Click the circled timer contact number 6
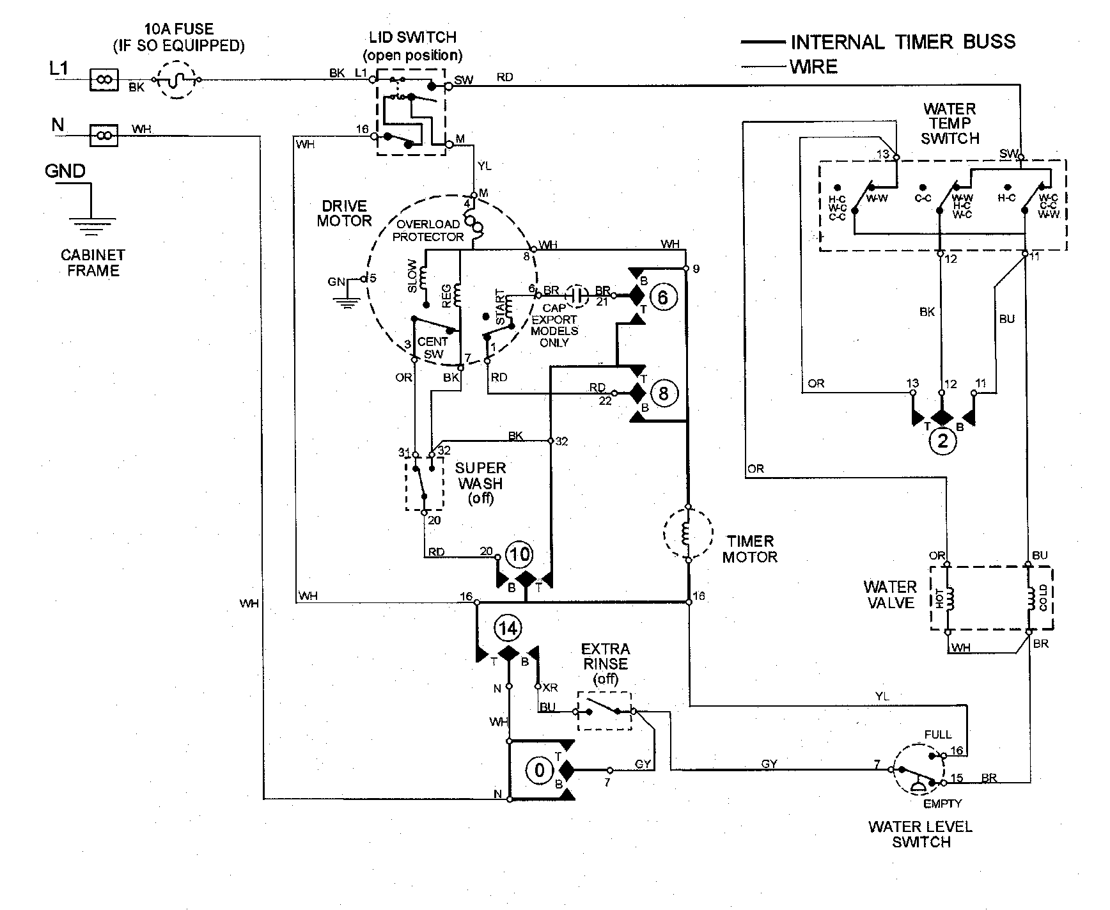tap(663, 297)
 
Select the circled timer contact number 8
tap(663, 393)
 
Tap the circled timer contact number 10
tap(519, 554)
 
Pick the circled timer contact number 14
tap(508, 629)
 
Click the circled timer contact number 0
tap(540, 770)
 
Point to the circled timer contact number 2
tap(942, 441)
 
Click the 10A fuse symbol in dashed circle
tap(176, 80)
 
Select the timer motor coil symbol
tap(687, 533)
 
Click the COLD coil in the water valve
tap(1031, 599)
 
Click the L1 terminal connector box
tap(104, 80)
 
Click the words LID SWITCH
tap(412, 38)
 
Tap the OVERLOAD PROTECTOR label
tap(428, 230)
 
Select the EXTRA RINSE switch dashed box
tap(604, 710)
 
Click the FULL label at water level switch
tap(937, 734)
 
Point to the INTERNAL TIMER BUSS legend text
tap(903, 42)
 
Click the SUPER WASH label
tap(480, 476)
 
